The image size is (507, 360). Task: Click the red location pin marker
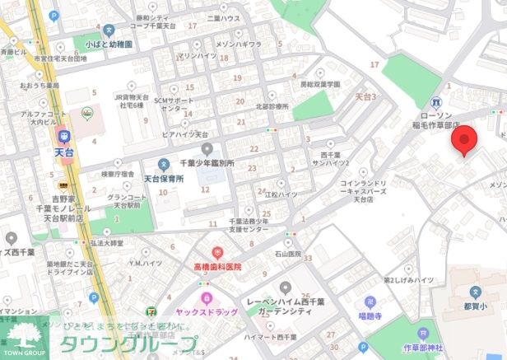466,141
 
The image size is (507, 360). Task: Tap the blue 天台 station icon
63,134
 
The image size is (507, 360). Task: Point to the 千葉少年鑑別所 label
212,164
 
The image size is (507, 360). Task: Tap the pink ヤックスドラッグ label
207,312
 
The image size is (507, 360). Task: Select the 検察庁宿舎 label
117,174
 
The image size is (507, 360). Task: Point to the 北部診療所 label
272,105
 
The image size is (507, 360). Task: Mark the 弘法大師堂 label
106,243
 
